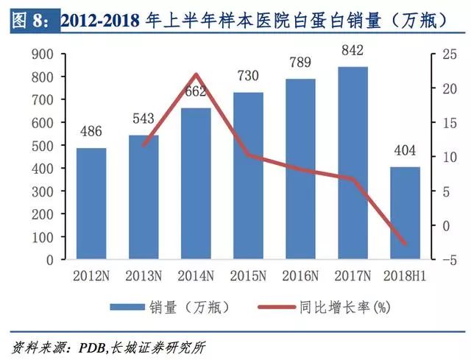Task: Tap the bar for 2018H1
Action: [404, 213]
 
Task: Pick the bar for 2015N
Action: [248, 176]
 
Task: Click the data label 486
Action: [91, 132]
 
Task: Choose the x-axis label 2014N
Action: [196, 276]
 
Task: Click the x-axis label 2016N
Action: [300, 276]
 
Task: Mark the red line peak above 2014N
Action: [196, 74]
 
